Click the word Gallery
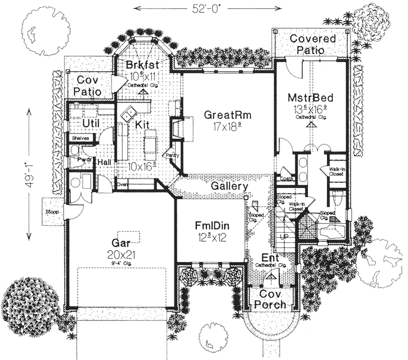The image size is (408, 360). pos(230,186)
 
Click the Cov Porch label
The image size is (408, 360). pos(272,299)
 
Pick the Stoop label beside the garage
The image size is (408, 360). pos(52,211)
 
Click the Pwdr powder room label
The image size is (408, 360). pos(77,160)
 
